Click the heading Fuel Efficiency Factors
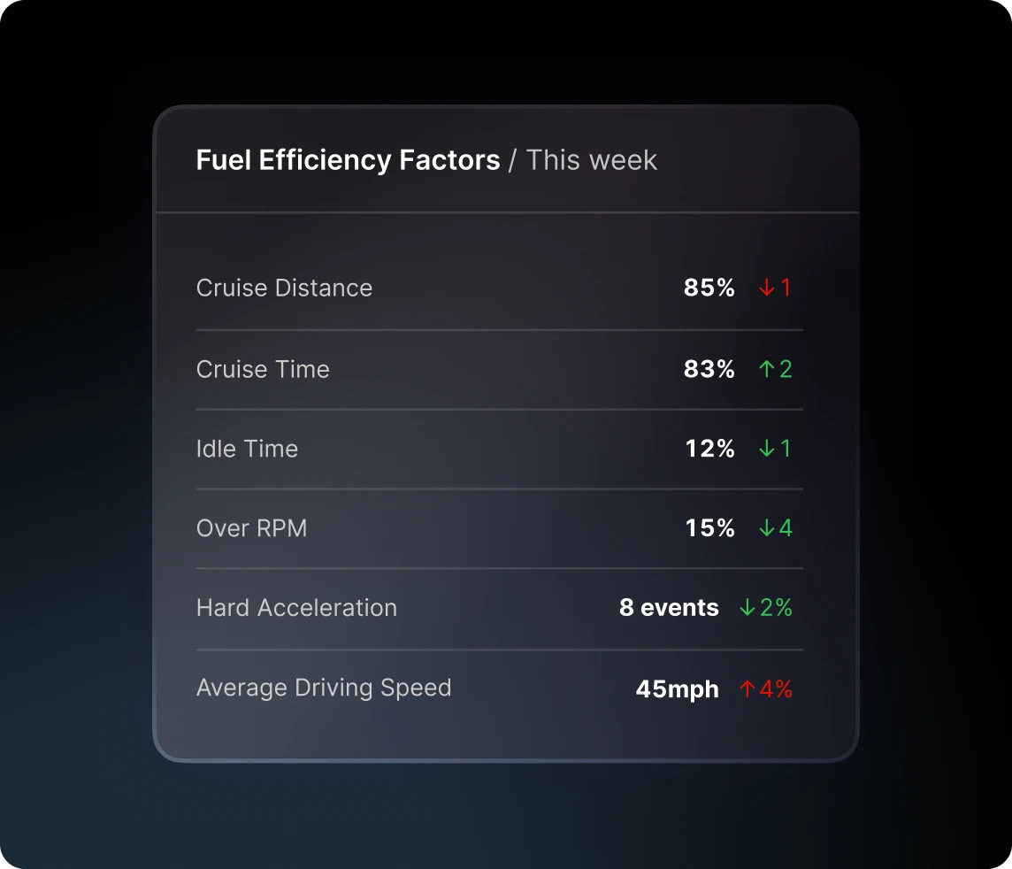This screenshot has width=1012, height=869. pos(348,160)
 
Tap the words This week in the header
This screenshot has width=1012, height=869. pos(592,160)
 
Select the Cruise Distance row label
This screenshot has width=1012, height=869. pos(284,288)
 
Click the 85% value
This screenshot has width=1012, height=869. pos(709,288)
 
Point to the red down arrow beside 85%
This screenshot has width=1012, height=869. pos(766,288)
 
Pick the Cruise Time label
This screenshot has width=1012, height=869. pos(263,369)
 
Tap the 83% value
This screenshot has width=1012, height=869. pos(709,369)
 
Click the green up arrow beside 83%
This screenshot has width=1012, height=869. pos(766,369)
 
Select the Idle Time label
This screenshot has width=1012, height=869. pos(247,449)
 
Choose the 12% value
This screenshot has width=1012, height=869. pos(709,449)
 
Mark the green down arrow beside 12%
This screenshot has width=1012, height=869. pos(766,449)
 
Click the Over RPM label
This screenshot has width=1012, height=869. pos(251,528)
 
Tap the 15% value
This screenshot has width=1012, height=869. pos(709,528)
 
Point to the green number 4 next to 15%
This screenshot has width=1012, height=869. pos(786,528)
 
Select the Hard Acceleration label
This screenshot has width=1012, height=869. pos(296,608)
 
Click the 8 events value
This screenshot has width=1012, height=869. pos(669,608)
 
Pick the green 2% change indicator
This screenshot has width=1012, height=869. pos(776,608)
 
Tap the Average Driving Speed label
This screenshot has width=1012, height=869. pos(324,688)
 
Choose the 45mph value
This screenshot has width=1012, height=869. pos(677,688)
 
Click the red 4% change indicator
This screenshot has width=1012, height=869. pos(776,688)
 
